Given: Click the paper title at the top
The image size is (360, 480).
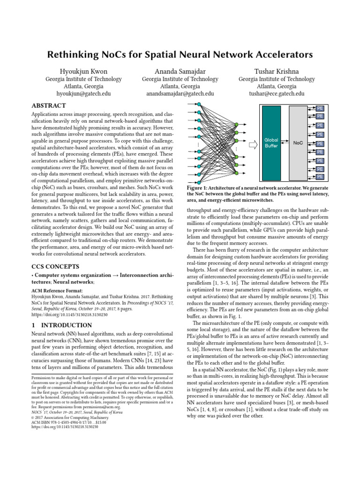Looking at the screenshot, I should [x=180, y=55].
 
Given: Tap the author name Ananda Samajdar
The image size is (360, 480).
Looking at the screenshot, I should [x=180, y=71].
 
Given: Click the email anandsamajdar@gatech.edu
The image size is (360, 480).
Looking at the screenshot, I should [x=180, y=94].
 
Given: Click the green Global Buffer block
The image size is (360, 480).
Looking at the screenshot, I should [x=271, y=142].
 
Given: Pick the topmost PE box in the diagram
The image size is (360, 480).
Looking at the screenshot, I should [x=320, y=108].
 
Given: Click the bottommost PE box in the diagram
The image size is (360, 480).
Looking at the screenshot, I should [x=320, y=177].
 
